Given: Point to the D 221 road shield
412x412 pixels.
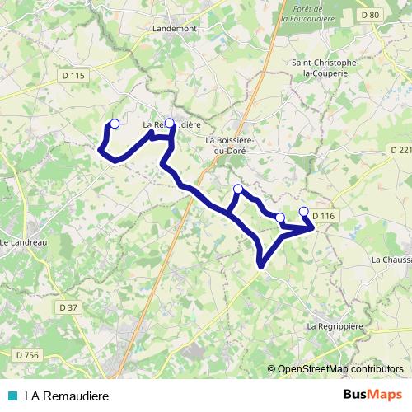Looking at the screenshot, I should point(399,150).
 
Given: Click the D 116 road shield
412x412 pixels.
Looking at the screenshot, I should point(325,216).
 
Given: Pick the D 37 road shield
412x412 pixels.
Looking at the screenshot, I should point(68,307).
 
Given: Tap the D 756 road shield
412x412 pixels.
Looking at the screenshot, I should point(26,354).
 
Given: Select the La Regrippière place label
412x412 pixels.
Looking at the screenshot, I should point(335,326).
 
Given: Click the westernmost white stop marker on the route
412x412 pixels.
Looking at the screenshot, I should point(115,124).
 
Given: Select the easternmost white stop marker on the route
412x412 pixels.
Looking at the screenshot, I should point(303,211).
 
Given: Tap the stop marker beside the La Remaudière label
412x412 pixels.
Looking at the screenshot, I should point(170,124).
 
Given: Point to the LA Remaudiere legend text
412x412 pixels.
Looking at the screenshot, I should point(67,396).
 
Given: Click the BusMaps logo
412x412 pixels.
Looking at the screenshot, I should point(372,396).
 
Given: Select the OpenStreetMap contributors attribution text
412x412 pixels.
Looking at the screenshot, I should point(339,370).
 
